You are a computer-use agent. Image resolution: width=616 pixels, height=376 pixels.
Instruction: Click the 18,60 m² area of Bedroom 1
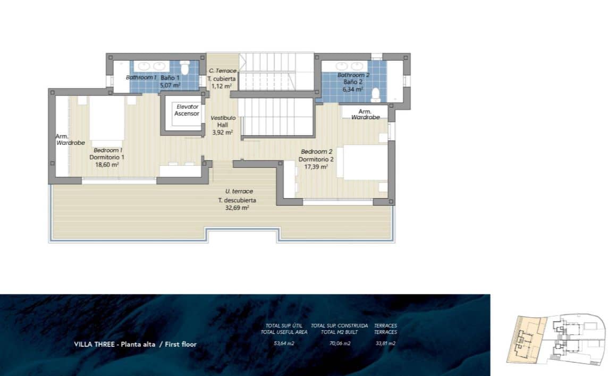(106, 165)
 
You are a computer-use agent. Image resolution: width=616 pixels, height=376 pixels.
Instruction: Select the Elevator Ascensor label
(187, 110)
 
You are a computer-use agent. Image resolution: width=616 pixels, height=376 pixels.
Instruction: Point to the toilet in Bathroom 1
(185, 68)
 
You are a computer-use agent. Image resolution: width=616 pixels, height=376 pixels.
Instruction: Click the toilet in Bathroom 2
(376, 94)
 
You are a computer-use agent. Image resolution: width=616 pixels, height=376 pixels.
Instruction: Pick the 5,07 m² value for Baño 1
(170, 85)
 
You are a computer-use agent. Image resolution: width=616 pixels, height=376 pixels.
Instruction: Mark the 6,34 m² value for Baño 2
(352, 89)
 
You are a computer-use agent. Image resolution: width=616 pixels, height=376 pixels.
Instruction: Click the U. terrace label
(239, 191)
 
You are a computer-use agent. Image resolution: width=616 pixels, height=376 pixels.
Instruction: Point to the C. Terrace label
(222, 71)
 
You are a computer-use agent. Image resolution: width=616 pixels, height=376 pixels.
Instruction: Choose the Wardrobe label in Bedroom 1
(70, 143)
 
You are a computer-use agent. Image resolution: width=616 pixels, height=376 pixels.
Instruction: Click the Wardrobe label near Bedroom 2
(365, 117)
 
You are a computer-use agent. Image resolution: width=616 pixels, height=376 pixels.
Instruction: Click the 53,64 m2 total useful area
(284, 344)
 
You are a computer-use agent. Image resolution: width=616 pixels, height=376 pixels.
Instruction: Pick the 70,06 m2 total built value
(340, 344)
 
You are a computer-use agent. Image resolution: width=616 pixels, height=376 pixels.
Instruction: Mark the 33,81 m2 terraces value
(385, 344)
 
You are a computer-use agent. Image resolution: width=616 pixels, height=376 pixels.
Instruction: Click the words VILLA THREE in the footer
(95, 345)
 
